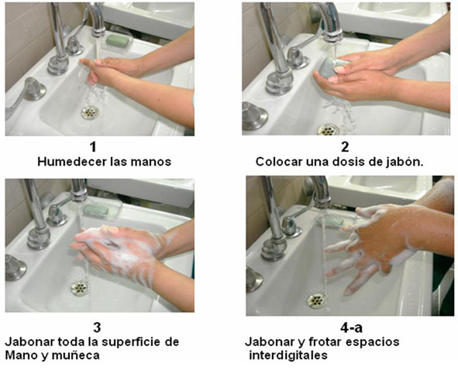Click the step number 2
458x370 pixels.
coord(345,147)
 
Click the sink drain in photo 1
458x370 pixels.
coord(91,112)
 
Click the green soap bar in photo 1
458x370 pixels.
coord(118,39)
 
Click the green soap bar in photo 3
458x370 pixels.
coord(97,210)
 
